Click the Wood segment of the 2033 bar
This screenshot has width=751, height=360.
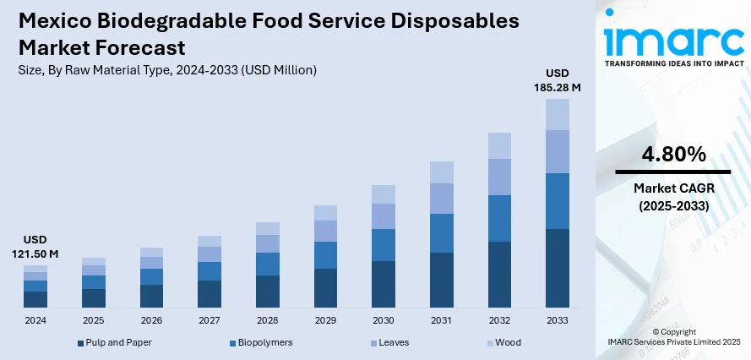pyautogui.click(x=557, y=114)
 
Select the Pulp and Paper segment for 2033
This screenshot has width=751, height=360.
pyautogui.click(x=557, y=267)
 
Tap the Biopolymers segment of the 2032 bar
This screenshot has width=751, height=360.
pyautogui.click(x=499, y=218)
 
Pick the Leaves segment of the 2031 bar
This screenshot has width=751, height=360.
pyautogui.click(x=441, y=198)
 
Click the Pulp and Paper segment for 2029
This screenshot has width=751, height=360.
pyautogui.click(x=325, y=287)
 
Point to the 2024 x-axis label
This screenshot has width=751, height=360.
pyautogui.click(x=35, y=321)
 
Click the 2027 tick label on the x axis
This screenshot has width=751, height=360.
pyautogui.click(x=209, y=321)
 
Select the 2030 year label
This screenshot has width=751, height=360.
pyautogui.click(x=384, y=321)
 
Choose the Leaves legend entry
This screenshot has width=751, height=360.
pyautogui.click(x=395, y=342)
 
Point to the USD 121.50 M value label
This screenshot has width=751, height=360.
pyautogui.click(x=35, y=247)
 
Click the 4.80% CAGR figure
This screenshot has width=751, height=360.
pyautogui.click(x=673, y=154)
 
